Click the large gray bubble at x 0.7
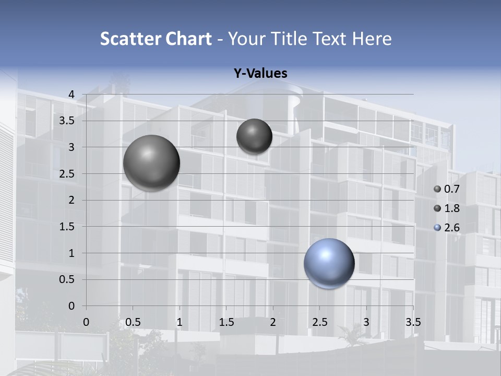(152, 163)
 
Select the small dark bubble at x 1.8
(254, 136)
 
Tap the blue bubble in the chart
(329, 263)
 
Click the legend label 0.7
(451, 189)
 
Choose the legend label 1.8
(451, 208)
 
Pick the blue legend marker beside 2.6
(437, 228)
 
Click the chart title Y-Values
(260, 74)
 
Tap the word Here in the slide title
(372, 39)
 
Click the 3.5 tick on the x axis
(413, 322)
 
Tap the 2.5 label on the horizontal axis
(319, 322)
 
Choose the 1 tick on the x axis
(180, 322)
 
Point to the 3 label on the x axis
(366, 322)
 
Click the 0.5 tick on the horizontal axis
(133, 322)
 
